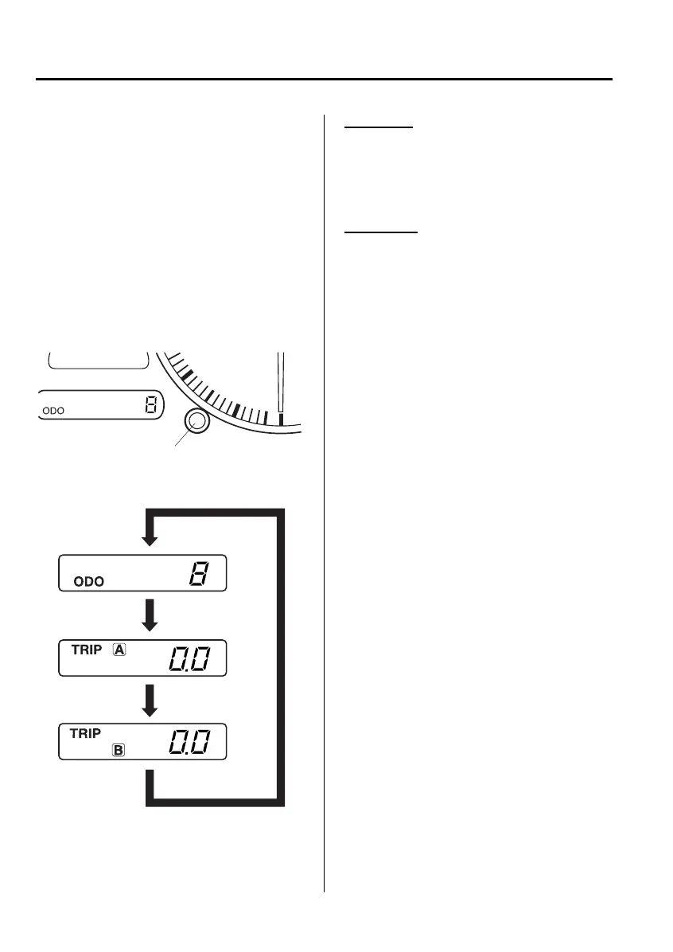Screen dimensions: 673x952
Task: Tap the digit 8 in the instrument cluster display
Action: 150,406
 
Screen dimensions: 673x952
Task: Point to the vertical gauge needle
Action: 280,386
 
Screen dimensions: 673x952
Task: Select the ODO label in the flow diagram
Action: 88,582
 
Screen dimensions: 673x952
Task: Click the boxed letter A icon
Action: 120,650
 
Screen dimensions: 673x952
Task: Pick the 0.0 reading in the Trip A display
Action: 189,660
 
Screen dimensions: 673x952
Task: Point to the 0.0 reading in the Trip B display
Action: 189,743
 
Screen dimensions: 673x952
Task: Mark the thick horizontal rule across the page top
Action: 325,79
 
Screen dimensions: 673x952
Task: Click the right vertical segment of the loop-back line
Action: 279,653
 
